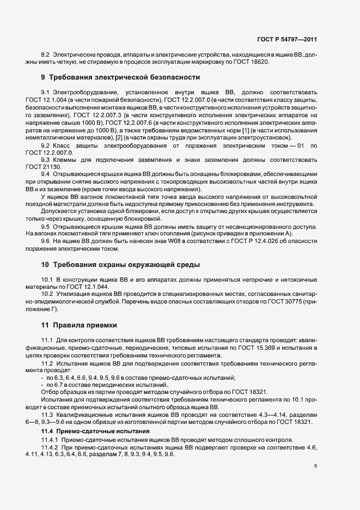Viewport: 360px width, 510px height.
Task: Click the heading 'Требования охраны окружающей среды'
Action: point(127,265)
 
